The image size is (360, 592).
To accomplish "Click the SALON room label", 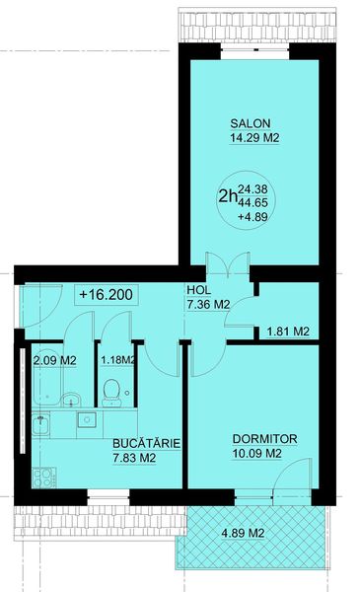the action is click(x=251, y=123).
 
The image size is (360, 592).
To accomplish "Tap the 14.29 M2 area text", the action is click(x=254, y=138).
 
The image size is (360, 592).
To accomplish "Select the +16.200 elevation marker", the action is click(x=107, y=294).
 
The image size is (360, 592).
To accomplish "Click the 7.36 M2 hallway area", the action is click(x=208, y=304).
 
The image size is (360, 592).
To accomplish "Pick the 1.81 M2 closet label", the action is click(x=288, y=332).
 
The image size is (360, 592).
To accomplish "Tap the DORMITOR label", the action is click(x=265, y=439).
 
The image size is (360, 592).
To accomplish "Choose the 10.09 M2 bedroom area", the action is click(x=257, y=453).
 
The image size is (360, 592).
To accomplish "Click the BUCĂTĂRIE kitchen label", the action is click(x=147, y=443).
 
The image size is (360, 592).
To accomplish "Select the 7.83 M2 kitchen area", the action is click(x=134, y=458).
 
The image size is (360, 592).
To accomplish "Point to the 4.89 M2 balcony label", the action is click(x=243, y=534).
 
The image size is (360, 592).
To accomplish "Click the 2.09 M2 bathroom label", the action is click(x=55, y=360).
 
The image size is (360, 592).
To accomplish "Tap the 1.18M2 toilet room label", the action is click(x=117, y=360).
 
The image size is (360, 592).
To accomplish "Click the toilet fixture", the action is click(x=111, y=393).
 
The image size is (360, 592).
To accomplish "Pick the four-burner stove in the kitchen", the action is click(x=43, y=478).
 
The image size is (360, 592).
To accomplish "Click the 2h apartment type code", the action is click(x=228, y=196).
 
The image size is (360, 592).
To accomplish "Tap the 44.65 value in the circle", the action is click(x=252, y=202).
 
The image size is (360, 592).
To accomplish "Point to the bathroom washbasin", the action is click(x=71, y=400).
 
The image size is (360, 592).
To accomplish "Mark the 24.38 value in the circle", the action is click(x=252, y=188).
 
